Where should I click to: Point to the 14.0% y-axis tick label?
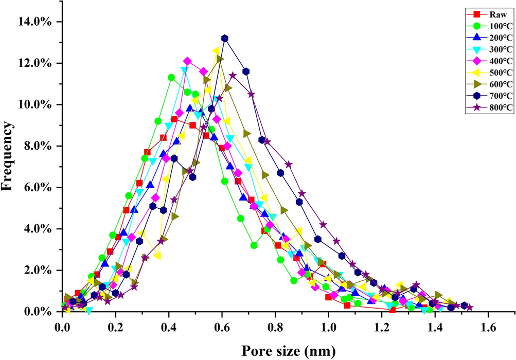point(36,22)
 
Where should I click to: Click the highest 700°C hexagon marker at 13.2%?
point(224,38)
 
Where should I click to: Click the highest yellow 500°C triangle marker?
point(216,50)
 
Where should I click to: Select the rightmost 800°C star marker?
point(469,308)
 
